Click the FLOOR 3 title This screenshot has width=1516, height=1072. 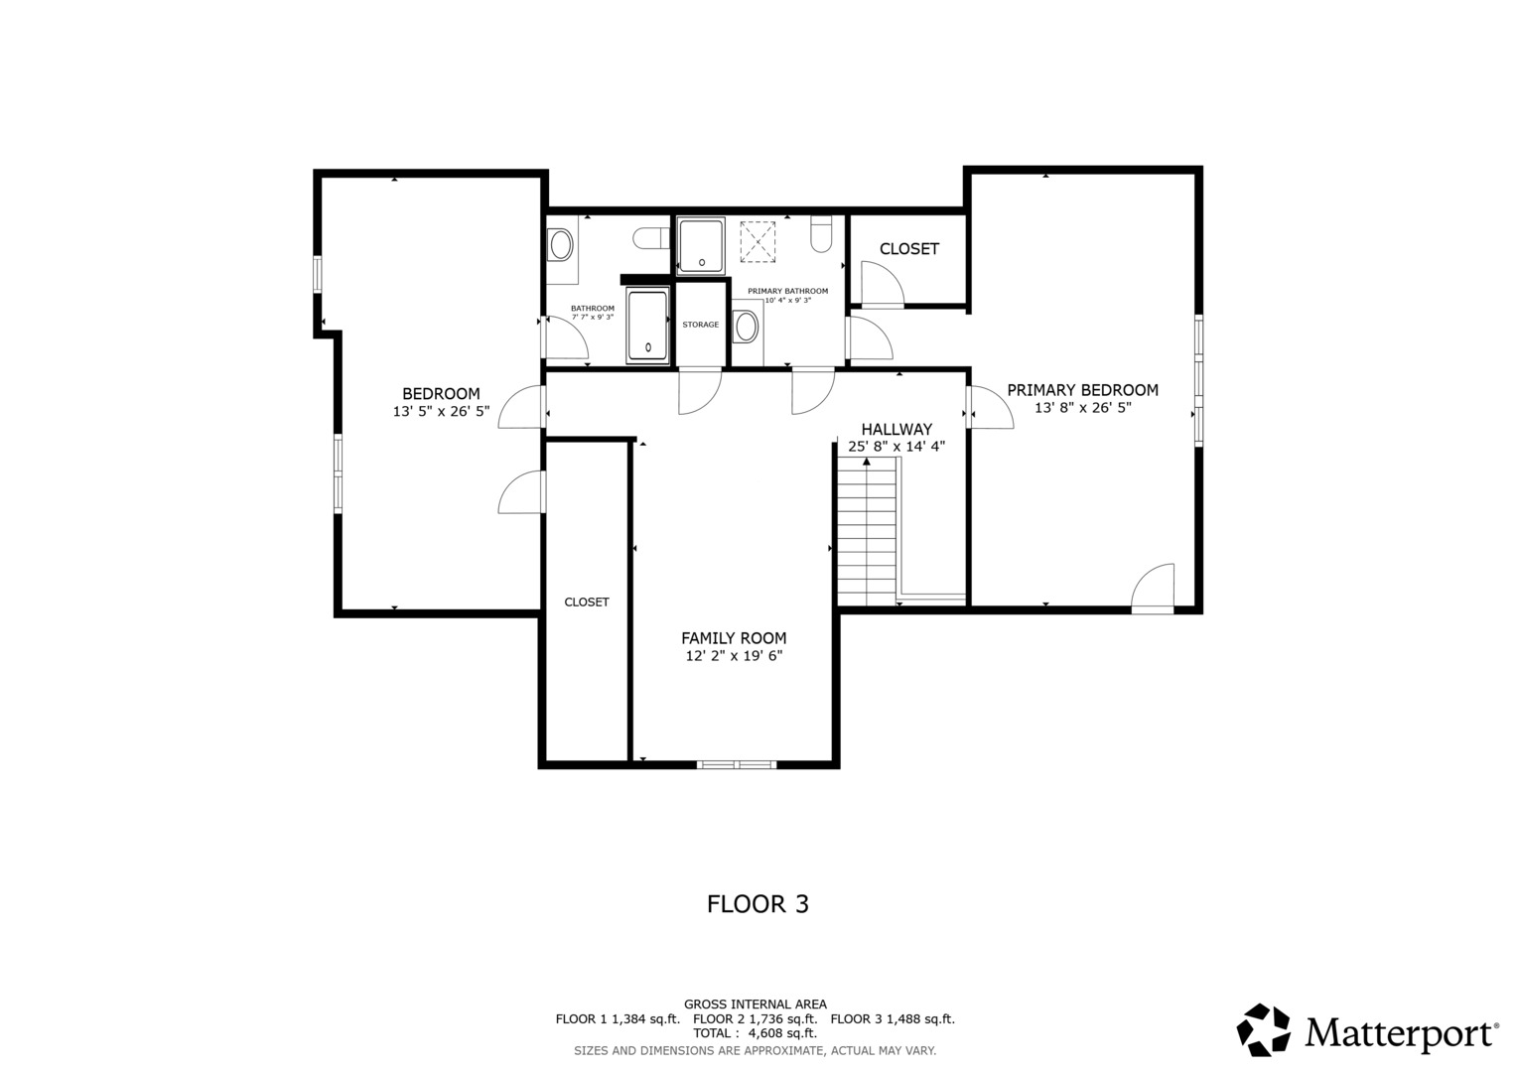[758, 904]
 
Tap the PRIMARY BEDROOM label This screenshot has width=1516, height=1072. [1082, 390]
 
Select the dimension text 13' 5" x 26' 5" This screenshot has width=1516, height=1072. [441, 411]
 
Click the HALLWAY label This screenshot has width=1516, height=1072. [896, 429]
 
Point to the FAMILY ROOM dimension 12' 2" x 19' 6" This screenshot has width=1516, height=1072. [734, 656]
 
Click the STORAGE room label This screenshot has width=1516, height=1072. [700, 325]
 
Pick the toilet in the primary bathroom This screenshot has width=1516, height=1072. [821, 234]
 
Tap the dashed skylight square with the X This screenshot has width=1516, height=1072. [758, 241]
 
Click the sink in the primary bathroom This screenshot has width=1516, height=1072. [747, 326]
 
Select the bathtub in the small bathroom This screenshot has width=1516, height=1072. [647, 327]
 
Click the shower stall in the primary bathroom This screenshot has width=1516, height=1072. [702, 245]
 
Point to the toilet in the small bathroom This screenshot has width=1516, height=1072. [650, 238]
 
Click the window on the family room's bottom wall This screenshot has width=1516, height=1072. [736, 764]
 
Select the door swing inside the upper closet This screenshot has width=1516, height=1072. [882, 285]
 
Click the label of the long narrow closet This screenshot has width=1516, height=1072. [587, 603]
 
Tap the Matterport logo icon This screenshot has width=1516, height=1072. [1264, 1029]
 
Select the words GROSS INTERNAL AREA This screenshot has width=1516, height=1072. [755, 1005]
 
